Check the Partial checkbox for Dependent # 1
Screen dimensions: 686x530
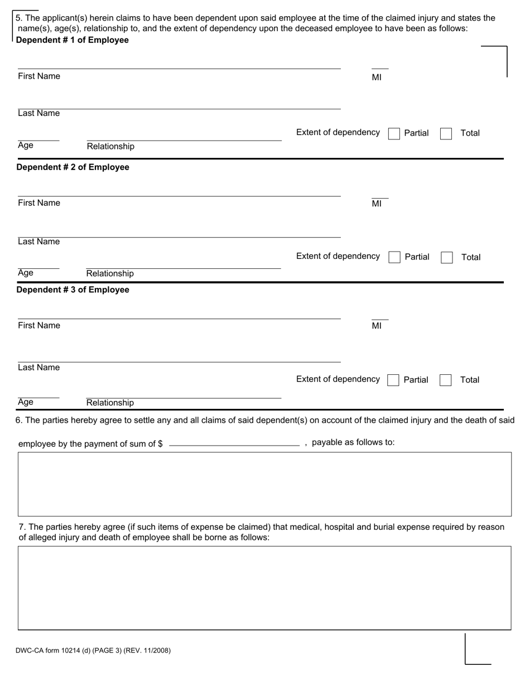[x=394, y=134]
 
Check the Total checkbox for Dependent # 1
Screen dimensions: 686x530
[x=446, y=134]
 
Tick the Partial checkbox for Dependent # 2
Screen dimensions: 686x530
[x=394, y=257]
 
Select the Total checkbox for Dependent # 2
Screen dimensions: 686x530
[x=446, y=257]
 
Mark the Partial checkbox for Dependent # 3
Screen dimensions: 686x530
[x=393, y=380]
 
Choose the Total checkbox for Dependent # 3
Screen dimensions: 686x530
[x=445, y=380]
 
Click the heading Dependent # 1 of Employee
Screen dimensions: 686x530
[x=73, y=40]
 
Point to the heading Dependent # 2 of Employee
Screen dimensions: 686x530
[x=73, y=167]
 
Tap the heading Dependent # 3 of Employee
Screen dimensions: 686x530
[x=73, y=290]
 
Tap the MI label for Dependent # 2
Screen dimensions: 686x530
[x=377, y=204]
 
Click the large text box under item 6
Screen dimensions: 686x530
[x=264, y=484]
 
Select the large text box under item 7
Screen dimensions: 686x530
[x=264, y=588]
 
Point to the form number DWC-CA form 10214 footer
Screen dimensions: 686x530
[x=93, y=650]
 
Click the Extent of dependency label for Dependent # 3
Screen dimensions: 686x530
[x=338, y=379]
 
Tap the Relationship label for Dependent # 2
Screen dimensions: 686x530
[x=110, y=273]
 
